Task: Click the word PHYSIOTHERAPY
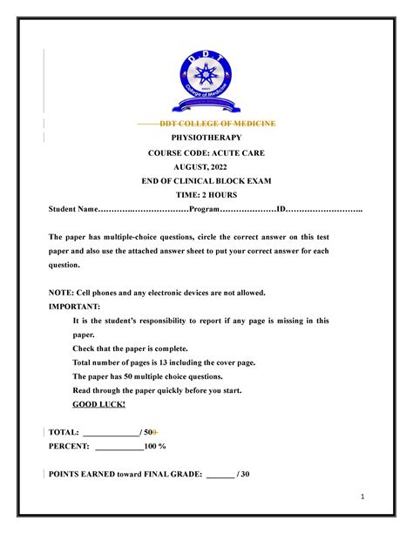[x=206, y=139]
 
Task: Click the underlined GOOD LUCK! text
[x=99, y=404]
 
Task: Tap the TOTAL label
[x=63, y=432]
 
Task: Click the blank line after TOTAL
[x=110, y=433]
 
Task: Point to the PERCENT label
[x=69, y=446]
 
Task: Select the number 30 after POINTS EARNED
[x=245, y=474]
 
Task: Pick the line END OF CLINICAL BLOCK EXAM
[x=206, y=180]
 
